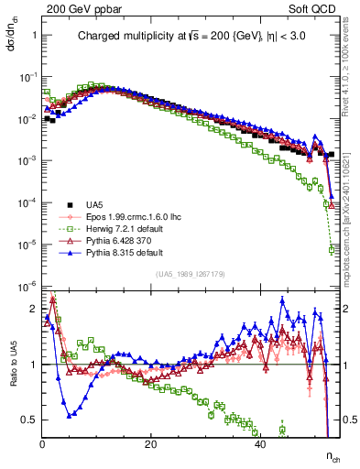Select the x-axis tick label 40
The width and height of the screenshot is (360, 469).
pos(260,444)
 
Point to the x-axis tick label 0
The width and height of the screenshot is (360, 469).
pos(43,444)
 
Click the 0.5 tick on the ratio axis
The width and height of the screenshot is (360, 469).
pos(31,420)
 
